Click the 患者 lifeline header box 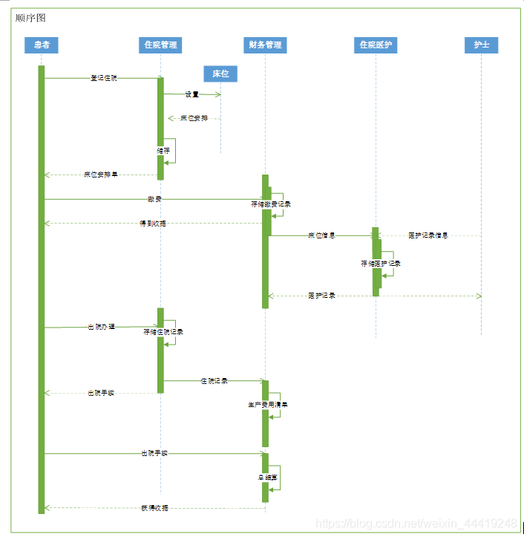coord(42,45)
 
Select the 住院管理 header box coord(160,45)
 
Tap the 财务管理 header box coord(264,45)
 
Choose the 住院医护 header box coord(375,45)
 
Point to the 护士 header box coord(481,45)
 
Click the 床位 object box coord(220,74)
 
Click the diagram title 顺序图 coord(30,18)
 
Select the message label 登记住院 coord(103,78)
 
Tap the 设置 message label coord(192,94)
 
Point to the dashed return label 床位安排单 coord(100,175)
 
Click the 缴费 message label coord(154,199)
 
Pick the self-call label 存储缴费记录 coord(271,204)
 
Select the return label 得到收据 coord(153,223)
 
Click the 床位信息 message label coord(321,235)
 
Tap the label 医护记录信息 coord(428,235)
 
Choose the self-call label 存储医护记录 coord(381,264)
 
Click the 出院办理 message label coord(101,327)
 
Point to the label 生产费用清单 coord(268,405)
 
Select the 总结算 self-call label coord(268,477)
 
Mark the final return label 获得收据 coord(154,508)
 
